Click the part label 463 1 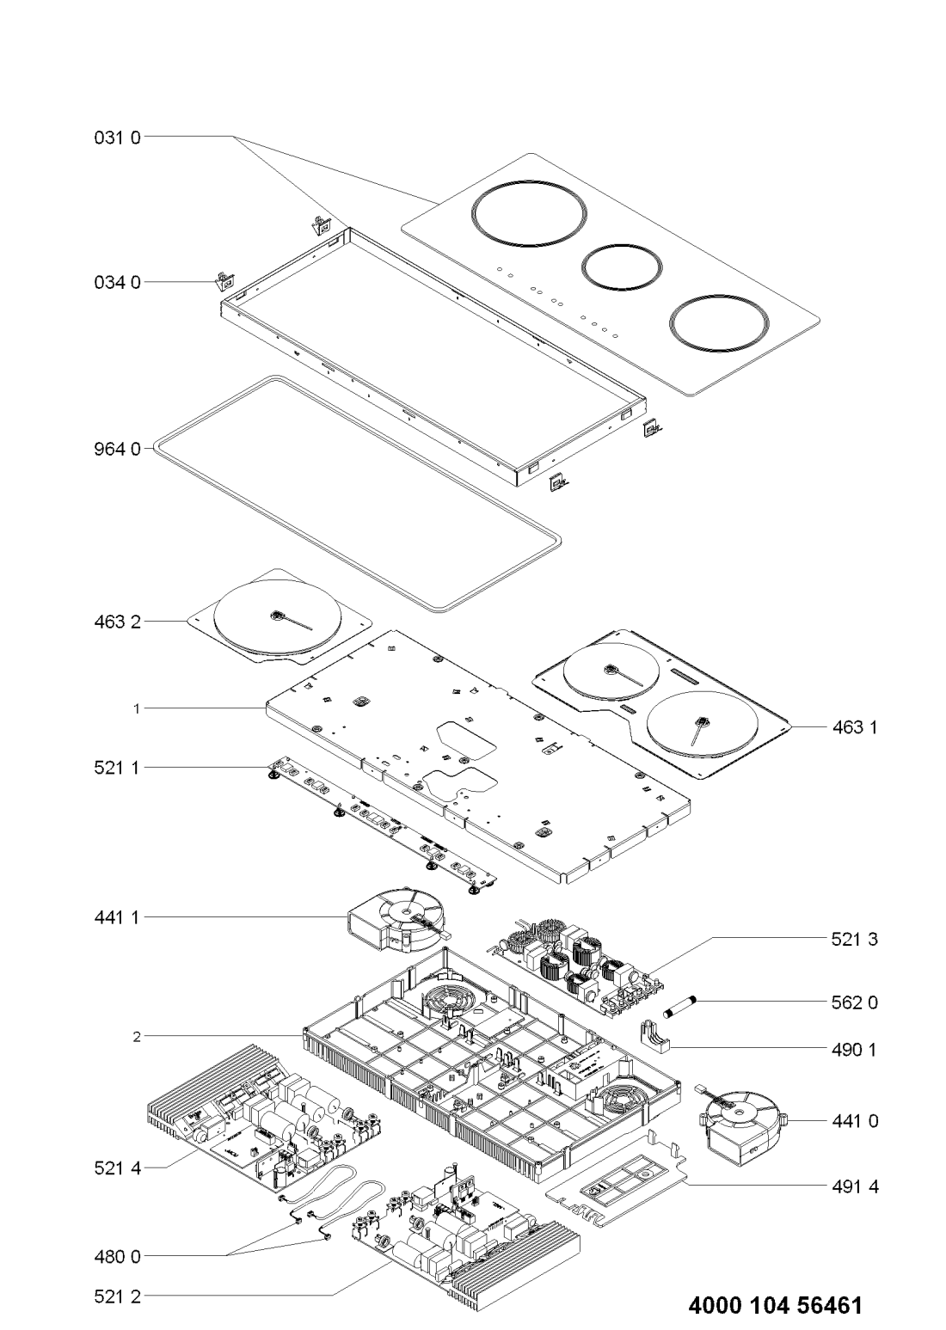point(855,727)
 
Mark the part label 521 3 point(855,941)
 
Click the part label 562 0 point(855,1002)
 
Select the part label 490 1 point(855,1049)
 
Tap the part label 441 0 point(855,1121)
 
